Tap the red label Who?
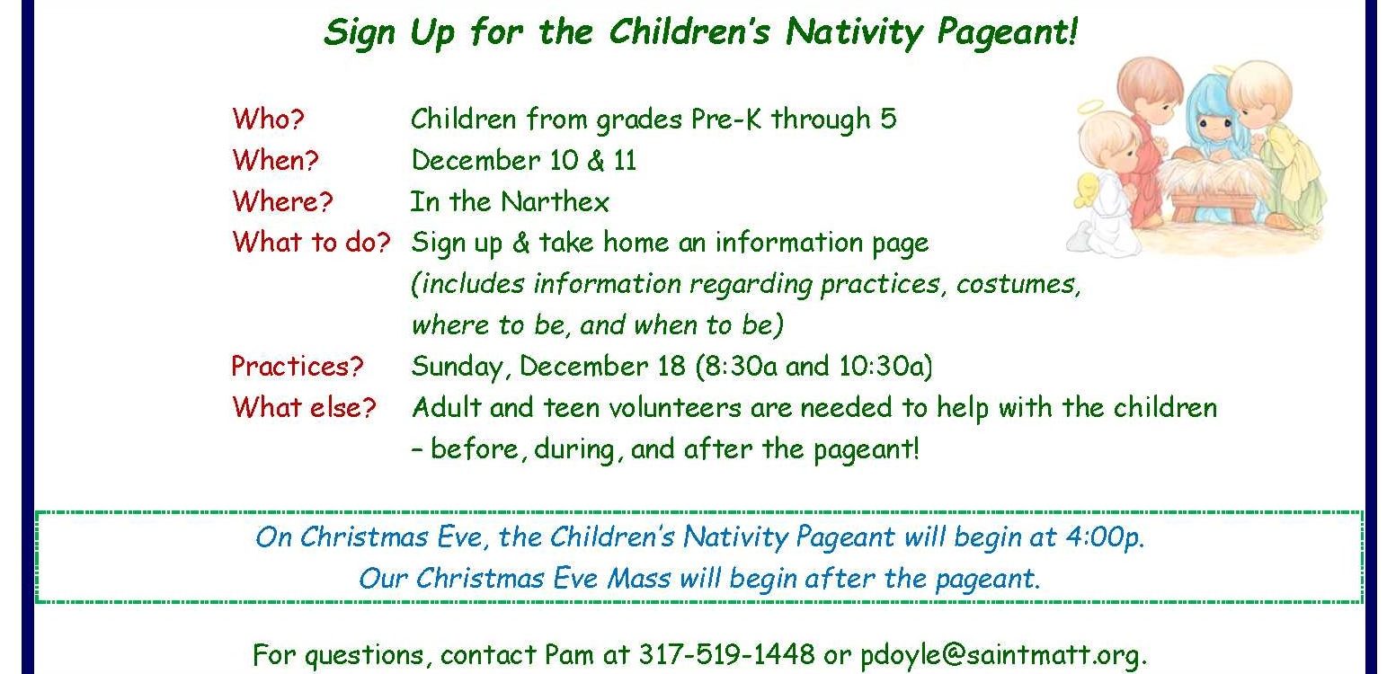point(269,119)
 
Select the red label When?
point(276,160)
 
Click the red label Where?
point(283,201)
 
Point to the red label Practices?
point(298,367)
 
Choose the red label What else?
point(304,407)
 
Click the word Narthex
point(556,202)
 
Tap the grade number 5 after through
point(888,119)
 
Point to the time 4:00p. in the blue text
point(1104,537)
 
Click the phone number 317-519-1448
point(727,653)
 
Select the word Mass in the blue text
point(639,578)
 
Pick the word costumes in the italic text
point(1018,284)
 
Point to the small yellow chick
point(1087,189)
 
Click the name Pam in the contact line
point(568,654)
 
